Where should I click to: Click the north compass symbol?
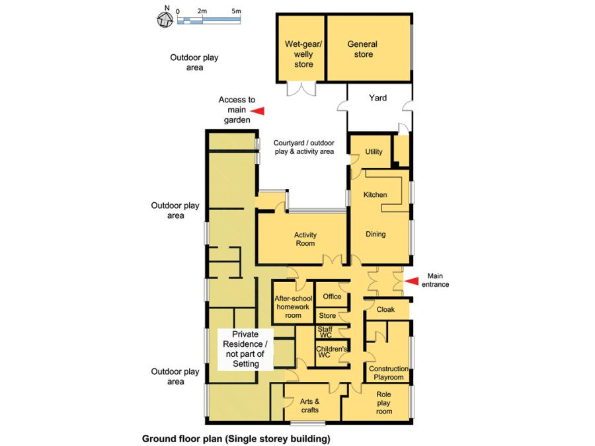point(164,19)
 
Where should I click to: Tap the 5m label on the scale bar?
point(236,12)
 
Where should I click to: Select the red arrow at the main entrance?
point(411,281)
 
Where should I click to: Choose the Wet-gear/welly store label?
point(303,54)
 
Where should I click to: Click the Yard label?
point(377,98)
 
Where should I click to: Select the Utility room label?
point(374,152)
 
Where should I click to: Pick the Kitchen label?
point(375,195)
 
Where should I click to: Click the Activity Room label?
point(305,239)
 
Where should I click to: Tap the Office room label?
point(332,297)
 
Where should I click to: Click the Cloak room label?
point(385,309)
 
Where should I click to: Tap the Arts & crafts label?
point(309,405)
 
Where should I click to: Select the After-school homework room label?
point(292,307)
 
